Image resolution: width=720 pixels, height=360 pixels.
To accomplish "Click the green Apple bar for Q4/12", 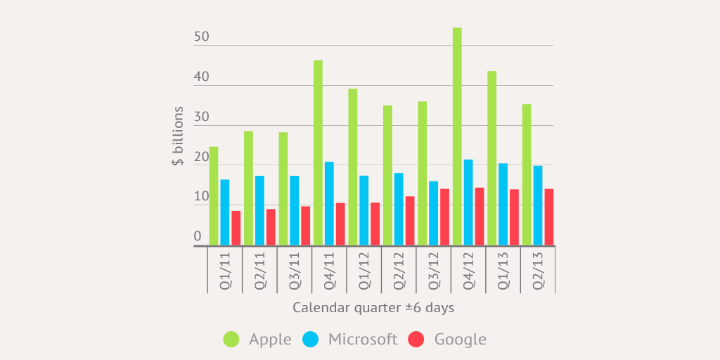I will [457, 137].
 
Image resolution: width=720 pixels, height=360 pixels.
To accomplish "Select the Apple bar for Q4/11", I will [318, 153].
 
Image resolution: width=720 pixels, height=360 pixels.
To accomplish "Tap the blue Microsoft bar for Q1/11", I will [225, 212].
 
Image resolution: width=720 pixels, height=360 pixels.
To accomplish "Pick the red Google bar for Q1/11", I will [236, 229].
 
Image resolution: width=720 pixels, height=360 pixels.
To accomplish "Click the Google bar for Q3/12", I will [444, 217].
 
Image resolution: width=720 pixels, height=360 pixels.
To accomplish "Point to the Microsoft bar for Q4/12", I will [468, 202].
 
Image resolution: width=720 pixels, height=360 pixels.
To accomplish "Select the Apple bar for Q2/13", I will [527, 175].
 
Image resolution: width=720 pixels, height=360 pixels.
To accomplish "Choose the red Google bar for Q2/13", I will [549, 217].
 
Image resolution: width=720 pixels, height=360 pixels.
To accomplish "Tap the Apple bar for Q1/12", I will [353, 167].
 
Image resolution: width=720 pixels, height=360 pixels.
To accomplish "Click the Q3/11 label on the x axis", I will [295, 270].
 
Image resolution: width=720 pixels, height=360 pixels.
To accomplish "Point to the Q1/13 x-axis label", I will [503, 270].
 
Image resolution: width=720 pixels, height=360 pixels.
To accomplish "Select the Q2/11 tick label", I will [260, 270].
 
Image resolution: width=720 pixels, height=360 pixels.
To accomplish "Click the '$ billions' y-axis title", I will [178, 136].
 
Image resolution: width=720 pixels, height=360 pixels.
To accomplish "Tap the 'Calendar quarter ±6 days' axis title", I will [373, 308].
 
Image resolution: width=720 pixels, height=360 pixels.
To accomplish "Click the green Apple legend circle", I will [231, 340].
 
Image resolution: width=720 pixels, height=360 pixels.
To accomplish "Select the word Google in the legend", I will [460, 340].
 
